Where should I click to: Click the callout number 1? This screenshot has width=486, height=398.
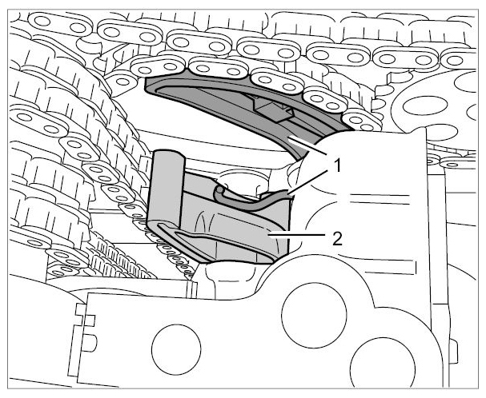(x=335, y=166)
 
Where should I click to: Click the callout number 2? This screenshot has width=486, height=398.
(x=337, y=239)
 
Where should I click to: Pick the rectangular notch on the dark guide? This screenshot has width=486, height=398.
(x=273, y=109)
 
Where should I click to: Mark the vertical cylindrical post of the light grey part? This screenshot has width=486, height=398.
(x=167, y=185)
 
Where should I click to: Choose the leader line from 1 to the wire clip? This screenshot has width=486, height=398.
(x=308, y=182)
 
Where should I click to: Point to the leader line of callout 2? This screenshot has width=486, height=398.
(x=297, y=235)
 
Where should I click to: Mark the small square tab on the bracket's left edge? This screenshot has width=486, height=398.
(x=89, y=320)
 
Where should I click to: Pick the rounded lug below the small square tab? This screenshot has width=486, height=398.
(x=90, y=342)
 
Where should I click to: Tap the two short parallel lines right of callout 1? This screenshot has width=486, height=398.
(x=380, y=199)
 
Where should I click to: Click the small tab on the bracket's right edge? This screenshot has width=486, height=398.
(x=455, y=352)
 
